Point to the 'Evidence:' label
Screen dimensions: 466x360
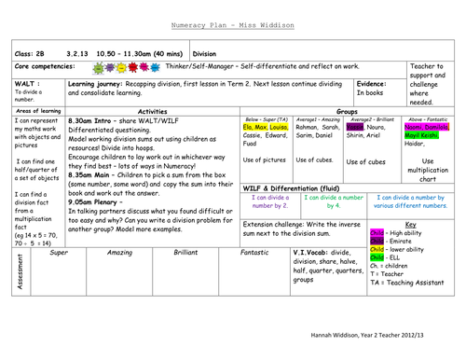(x=374, y=83)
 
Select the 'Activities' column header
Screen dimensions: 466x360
(x=151, y=110)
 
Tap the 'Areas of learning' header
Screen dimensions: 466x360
(x=38, y=110)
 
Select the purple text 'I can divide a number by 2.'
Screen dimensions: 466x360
(x=268, y=201)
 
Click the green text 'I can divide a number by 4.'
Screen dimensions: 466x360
(x=332, y=201)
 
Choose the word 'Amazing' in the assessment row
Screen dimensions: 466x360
(x=119, y=253)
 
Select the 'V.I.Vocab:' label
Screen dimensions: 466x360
(x=313, y=253)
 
